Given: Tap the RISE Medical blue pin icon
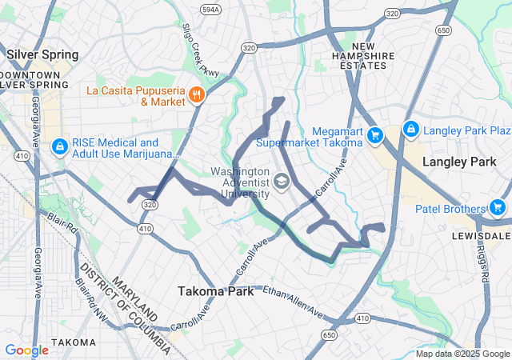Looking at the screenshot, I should [x=60, y=147].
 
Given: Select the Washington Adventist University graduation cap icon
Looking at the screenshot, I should [x=281, y=183].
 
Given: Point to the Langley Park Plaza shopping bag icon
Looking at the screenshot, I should [x=410, y=129].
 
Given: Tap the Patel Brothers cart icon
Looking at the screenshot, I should [x=499, y=209].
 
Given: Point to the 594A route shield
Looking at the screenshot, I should [x=210, y=10].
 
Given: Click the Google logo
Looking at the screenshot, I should [x=27, y=350].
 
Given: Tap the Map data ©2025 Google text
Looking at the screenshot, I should [x=462, y=354].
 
